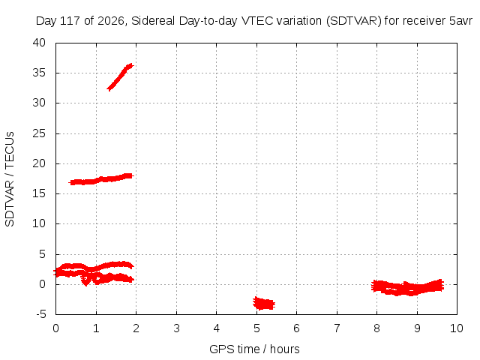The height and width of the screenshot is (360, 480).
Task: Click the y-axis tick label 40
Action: (39, 43)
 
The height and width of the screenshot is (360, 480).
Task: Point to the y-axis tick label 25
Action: (39, 133)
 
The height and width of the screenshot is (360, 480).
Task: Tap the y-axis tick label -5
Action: (40, 314)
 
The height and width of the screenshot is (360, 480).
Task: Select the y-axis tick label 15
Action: (39, 193)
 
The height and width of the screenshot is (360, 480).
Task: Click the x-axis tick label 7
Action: (337, 328)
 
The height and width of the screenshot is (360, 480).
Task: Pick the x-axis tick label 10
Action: (457, 328)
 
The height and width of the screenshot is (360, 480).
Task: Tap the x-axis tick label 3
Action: (176, 328)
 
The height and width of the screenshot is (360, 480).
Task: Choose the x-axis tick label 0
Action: (55, 328)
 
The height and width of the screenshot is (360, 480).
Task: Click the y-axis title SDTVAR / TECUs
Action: (10, 179)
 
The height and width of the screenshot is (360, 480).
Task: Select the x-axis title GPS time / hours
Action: (254, 349)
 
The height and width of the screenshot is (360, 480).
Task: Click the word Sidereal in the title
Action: (153, 21)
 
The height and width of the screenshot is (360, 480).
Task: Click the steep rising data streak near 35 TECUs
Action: (120, 76)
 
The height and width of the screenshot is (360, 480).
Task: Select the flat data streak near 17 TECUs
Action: (102, 179)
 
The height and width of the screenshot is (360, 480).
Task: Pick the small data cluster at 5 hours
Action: (264, 303)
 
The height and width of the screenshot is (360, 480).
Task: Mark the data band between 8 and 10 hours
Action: (407, 288)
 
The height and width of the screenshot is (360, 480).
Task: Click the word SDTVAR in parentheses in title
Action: (354, 21)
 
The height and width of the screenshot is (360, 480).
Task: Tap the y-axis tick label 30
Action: (39, 103)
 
